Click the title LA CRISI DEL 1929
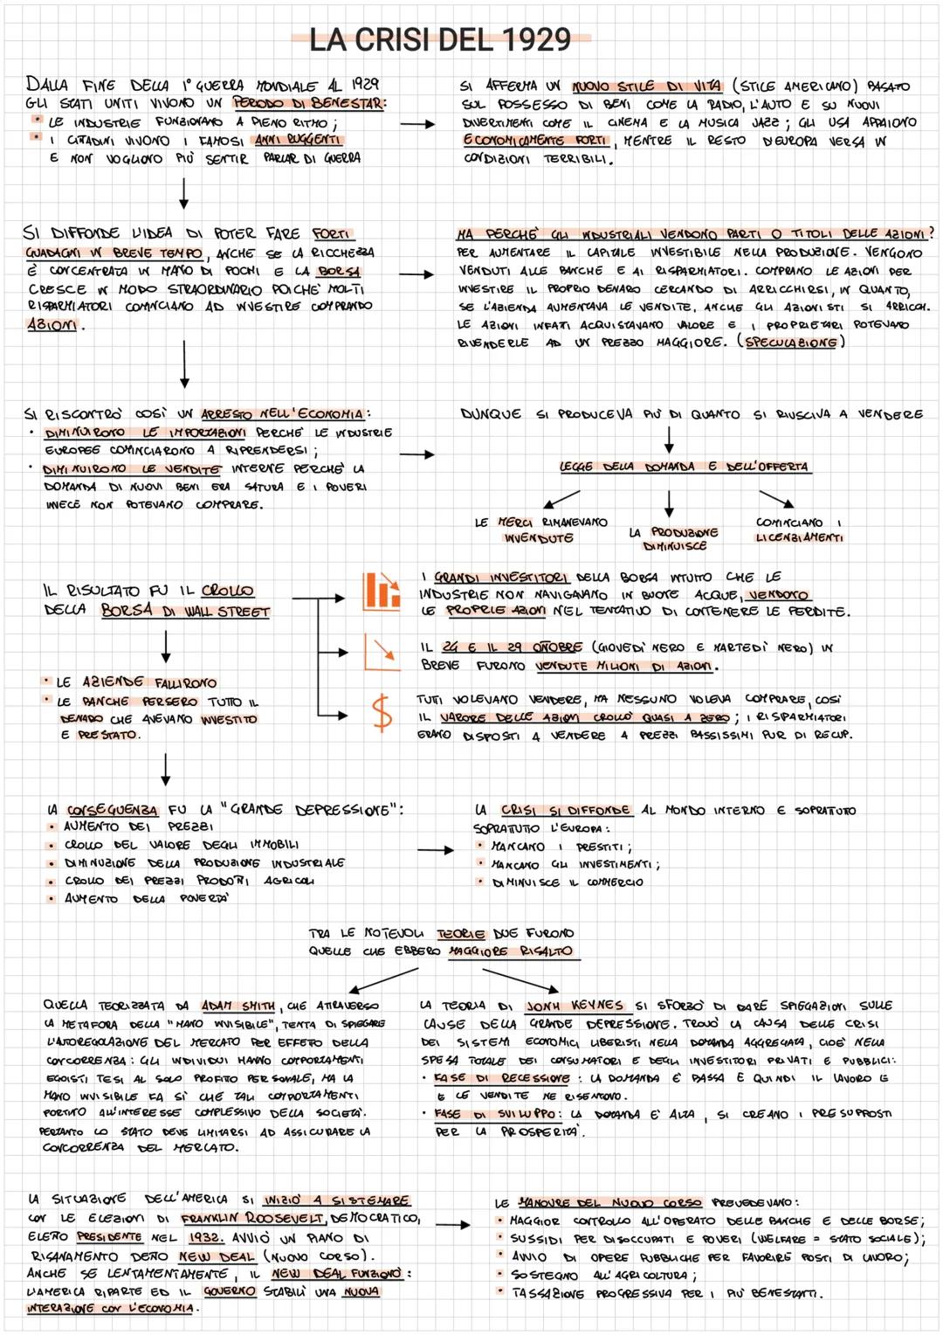[440, 39]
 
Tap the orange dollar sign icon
[382, 712]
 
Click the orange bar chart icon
[381, 591]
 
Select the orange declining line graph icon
[381, 651]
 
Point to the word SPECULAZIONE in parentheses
[792, 342]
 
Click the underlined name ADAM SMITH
[237, 1006]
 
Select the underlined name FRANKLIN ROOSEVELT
[252, 1219]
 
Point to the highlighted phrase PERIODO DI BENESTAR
[309, 104]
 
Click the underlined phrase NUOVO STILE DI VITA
[647, 86]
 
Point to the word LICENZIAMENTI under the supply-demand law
[799, 538]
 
